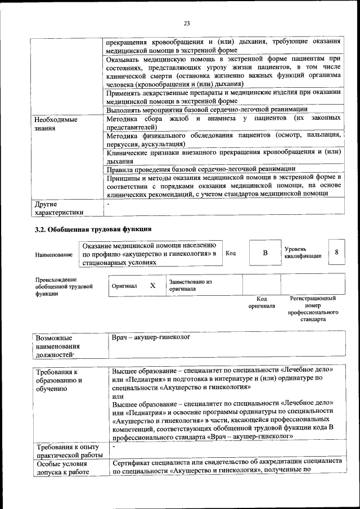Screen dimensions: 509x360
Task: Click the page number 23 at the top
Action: (187, 23)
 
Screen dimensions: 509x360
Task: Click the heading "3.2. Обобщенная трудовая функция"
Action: (93, 229)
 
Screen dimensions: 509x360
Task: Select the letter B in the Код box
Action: (265, 253)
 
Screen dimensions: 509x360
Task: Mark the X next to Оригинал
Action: (152, 285)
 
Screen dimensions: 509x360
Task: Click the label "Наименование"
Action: (54, 255)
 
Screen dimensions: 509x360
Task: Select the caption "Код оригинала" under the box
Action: (262, 303)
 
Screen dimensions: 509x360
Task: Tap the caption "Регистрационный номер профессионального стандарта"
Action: (313, 309)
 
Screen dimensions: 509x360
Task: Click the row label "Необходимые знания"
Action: (56, 124)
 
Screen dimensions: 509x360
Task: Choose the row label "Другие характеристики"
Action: (58, 208)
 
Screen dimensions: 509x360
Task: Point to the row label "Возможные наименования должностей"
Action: (57, 347)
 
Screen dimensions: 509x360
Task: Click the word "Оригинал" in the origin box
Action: (124, 286)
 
